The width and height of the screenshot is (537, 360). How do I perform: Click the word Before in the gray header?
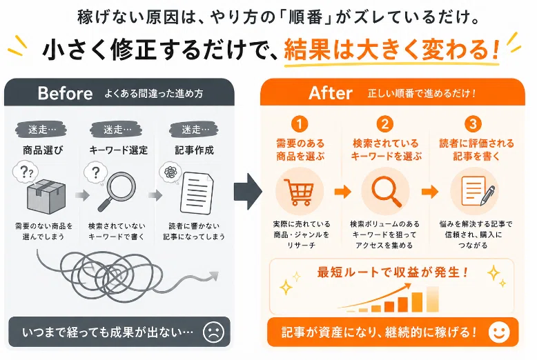tap(65, 93)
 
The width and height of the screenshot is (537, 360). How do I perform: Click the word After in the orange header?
tap(331, 93)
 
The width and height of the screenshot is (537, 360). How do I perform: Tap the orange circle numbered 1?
tap(300, 124)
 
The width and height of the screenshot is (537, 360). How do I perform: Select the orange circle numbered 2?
tap(385, 124)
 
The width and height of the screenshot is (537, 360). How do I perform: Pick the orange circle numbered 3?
tap(473, 124)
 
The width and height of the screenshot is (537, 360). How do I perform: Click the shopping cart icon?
tap(299, 192)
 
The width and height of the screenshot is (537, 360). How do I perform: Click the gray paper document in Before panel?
tap(196, 193)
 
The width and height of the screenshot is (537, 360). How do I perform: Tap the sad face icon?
tap(213, 332)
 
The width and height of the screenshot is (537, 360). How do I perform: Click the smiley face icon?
tap(499, 332)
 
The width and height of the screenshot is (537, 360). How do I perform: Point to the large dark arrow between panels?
tap(248, 191)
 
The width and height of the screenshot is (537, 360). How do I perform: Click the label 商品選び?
tap(43, 150)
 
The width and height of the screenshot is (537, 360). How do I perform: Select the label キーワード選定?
tap(118, 150)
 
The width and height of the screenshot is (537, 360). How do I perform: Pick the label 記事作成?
tap(194, 150)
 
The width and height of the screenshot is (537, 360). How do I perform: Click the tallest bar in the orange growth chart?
tap(433, 299)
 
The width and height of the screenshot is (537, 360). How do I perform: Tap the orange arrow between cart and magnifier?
tap(343, 191)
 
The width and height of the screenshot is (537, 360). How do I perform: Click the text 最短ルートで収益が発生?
tap(393, 272)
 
